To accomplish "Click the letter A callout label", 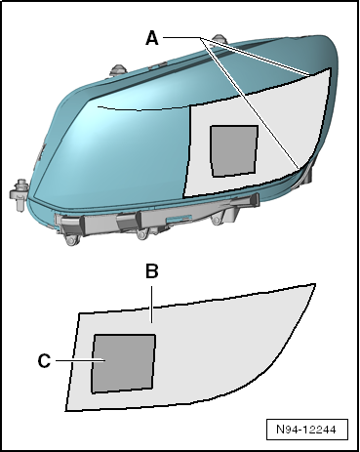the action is tap(152, 38).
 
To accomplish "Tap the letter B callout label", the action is tap(151, 271).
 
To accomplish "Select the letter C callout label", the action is tap(44, 361).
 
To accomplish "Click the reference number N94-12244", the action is tap(306, 430).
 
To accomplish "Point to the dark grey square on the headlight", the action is tap(234, 151).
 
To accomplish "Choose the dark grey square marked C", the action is tap(123, 363).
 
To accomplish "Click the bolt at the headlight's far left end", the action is tap(19, 194).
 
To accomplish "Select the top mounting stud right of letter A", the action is tap(218, 38).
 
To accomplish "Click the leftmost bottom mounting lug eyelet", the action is tap(71, 240).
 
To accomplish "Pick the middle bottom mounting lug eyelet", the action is tap(142, 234).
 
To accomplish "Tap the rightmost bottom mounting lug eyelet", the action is tap(217, 220).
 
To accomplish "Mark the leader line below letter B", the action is tap(151, 305).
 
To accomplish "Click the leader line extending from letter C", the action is tap(80, 360).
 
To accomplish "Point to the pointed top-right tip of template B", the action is tap(315, 284).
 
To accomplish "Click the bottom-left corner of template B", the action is tap(66, 411).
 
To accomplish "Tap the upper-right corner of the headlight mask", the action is tap(331, 68).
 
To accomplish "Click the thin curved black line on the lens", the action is tap(143, 109).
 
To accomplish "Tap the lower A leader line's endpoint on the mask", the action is tap(299, 169).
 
